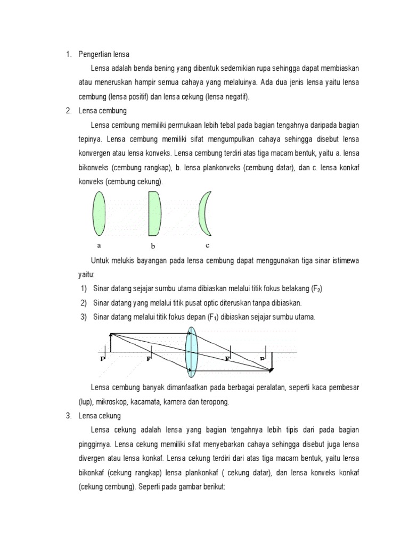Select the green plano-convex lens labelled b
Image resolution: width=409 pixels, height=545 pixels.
(x=154, y=213)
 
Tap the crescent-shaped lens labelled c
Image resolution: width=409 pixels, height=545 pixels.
(x=204, y=213)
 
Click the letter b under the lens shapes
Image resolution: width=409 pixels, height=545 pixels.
(x=153, y=246)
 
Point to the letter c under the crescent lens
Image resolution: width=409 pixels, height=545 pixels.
(x=207, y=245)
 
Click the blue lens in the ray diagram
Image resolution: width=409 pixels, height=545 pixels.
(x=192, y=352)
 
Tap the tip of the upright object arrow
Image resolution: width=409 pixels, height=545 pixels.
(x=110, y=334)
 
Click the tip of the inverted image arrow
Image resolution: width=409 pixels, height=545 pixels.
(x=271, y=370)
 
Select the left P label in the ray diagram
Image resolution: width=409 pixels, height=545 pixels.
(x=102, y=359)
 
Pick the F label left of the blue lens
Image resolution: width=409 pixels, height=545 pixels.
(x=149, y=359)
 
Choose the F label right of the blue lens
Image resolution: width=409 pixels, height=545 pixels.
(x=227, y=359)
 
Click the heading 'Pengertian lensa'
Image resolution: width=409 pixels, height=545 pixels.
(x=104, y=54)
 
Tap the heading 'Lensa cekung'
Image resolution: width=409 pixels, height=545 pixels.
(x=100, y=416)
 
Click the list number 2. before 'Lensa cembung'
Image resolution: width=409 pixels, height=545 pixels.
(x=69, y=111)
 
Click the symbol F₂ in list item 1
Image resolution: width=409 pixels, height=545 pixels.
(x=317, y=289)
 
